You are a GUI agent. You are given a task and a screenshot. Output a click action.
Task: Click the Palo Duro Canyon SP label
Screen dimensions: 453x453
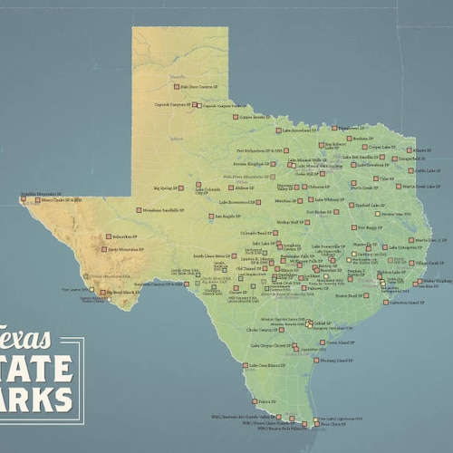(198, 87)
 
